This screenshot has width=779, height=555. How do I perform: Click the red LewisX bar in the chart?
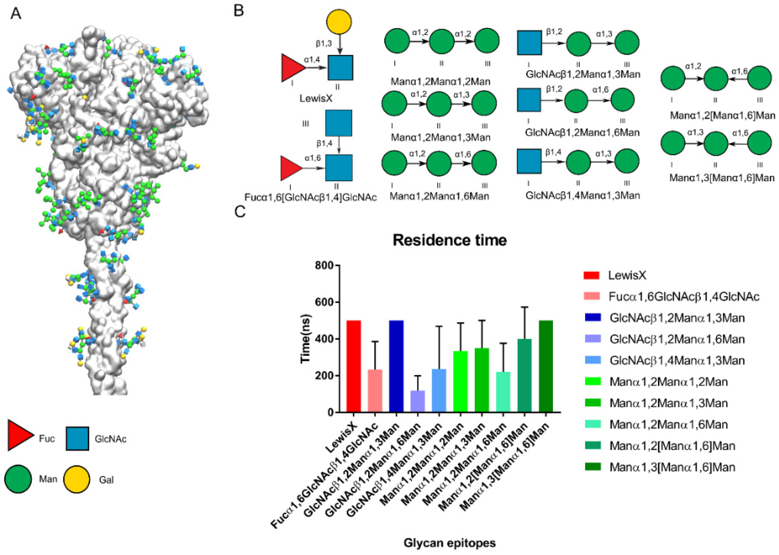click(x=354, y=366)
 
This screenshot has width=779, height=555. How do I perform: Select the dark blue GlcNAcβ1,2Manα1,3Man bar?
click(x=396, y=366)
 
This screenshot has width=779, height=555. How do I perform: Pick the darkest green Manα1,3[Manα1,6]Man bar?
click(x=546, y=366)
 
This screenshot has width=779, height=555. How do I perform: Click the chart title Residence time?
click(x=449, y=240)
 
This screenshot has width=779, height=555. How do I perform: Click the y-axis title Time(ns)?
click(x=306, y=339)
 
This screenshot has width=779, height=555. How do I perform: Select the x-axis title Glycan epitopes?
click(x=450, y=543)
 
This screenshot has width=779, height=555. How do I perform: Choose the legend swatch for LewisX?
click(x=591, y=275)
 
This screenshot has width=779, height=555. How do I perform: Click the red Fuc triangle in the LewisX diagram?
click(x=291, y=68)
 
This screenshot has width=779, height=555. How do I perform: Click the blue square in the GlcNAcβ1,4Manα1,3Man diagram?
click(x=529, y=161)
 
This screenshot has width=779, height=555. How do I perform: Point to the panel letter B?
click(x=238, y=11)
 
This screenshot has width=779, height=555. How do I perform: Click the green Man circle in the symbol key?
click(x=18, y=479)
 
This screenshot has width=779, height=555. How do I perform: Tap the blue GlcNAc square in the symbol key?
click(x=77, y=438)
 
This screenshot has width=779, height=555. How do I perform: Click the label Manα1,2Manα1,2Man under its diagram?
click(x=440, y=82)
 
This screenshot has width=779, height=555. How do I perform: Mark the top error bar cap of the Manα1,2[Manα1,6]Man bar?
click(x=524, y=307)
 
